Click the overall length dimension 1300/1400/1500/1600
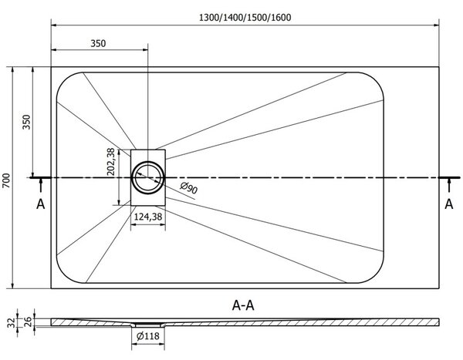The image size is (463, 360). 245,18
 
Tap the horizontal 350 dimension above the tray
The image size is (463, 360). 98,43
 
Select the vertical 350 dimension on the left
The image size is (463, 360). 26,122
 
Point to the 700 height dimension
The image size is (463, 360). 6,180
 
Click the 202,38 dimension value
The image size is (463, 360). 110,162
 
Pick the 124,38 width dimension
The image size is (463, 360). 148,217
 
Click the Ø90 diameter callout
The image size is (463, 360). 189,188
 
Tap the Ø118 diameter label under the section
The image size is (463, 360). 148,336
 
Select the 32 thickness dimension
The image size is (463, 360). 12,322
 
